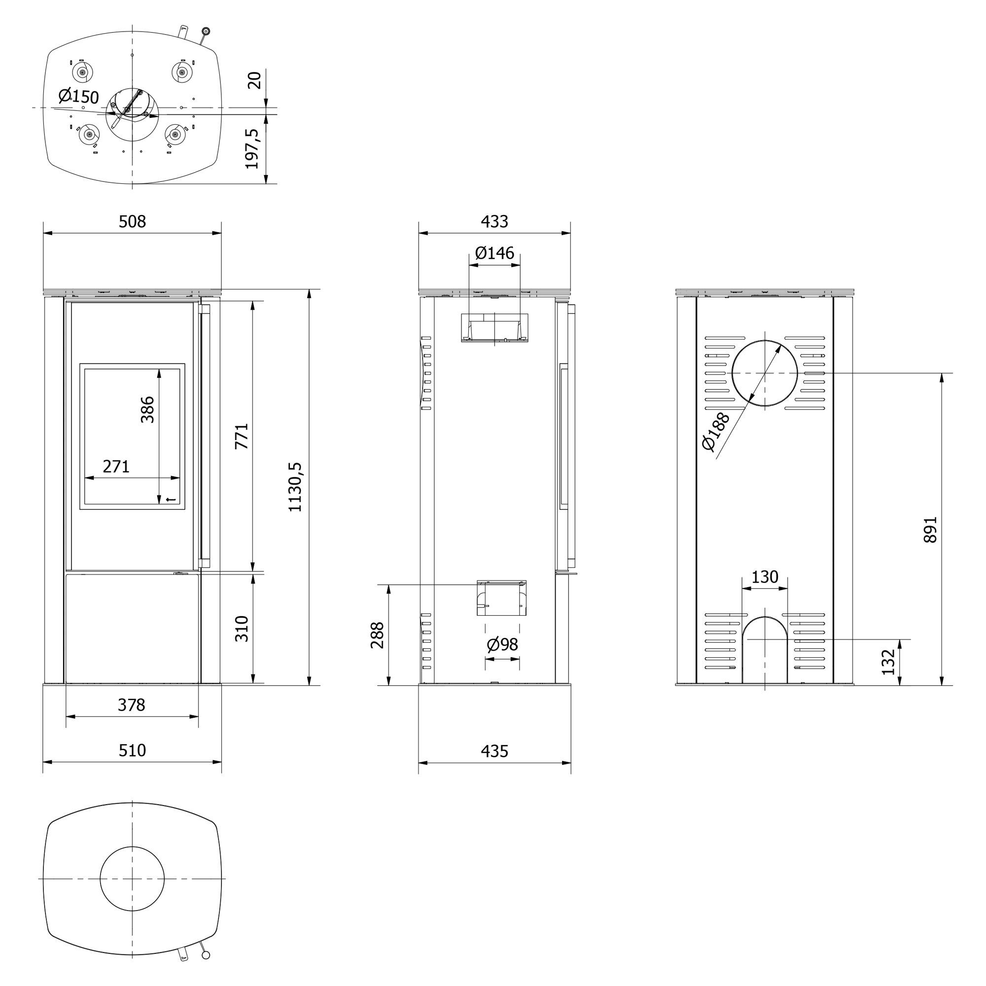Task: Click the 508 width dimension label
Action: (132, 221)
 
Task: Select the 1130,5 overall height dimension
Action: (295, 487)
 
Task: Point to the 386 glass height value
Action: (147, 409)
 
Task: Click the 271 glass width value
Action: (116, 466)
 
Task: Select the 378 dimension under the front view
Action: (132, 705)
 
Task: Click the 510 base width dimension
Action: (132, 750)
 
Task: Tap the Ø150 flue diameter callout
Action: (78, 96)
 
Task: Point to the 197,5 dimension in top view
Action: (252, 148)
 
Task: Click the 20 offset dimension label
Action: (253, 80)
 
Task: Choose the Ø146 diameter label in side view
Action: (494, 252)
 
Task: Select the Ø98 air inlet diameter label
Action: (502, 644)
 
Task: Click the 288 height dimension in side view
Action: (377, 635)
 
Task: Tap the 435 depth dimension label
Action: (494, 751)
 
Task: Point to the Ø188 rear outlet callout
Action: (715, 432)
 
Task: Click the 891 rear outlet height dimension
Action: (930, 529)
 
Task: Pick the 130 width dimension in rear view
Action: (765, 577)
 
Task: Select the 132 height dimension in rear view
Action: (888, 662)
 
